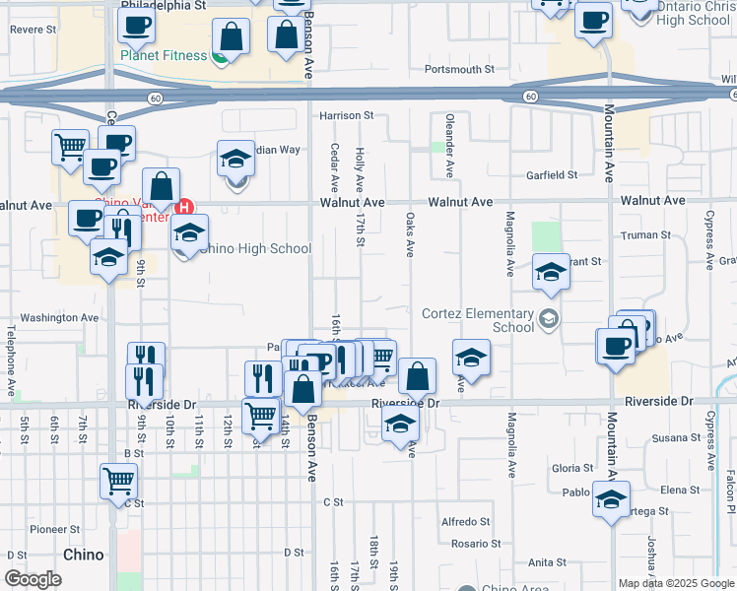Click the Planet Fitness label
[164, 56]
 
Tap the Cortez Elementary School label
[477, 320]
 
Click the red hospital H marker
[183, 207]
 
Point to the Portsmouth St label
[459, 69]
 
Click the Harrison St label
[347, 115]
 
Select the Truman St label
[646, 235]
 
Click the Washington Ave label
[60, 318]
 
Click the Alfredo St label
[465, 521]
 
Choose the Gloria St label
[572, 468]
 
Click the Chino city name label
[84, 555]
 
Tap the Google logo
[33, 579]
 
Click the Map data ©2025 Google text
[676, 583]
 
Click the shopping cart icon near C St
[118, 481]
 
